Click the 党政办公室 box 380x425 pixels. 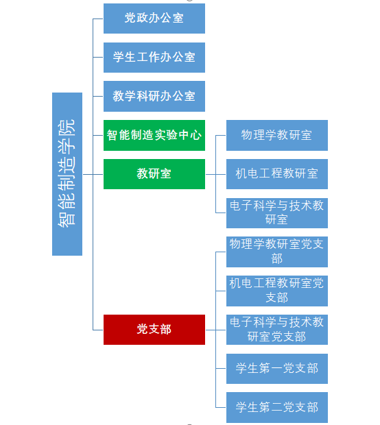pos(154,19)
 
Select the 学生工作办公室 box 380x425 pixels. pos(154,58)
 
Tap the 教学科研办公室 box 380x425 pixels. pos(154,96)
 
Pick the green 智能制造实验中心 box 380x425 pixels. pos(154,135)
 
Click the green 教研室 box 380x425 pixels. pos(154,174)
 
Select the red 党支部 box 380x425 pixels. pos(154,330)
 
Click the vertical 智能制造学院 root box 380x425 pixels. pos(67,174)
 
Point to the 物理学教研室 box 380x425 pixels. pos(277,135)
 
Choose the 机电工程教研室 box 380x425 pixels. pos(277,174)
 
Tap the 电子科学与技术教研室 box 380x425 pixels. pos(277,213)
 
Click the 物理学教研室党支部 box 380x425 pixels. pos(277,252)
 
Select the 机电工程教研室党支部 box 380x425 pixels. pos(277,291)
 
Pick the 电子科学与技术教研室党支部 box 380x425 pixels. pos(277,330)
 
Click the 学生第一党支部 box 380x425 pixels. pos(277,369)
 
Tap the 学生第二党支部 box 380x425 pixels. pos(277,407)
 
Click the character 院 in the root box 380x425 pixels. pos(67,128)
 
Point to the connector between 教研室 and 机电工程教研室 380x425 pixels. pos(215,174)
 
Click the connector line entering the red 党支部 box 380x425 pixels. pos(98,330)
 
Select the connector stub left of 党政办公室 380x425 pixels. pos(98,19)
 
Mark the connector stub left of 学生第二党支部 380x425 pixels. pos(221,407)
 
